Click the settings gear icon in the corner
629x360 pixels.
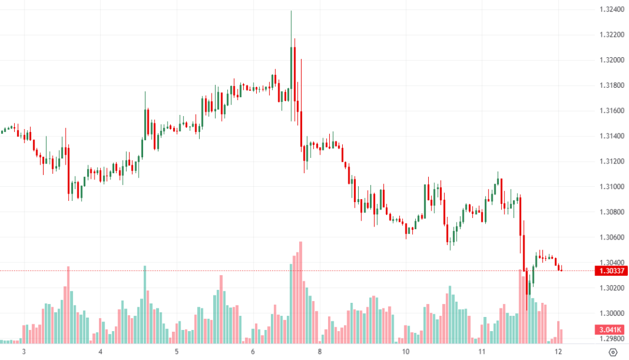click(x=612, y=352)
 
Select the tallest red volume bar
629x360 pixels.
click(x=300, y=292)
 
